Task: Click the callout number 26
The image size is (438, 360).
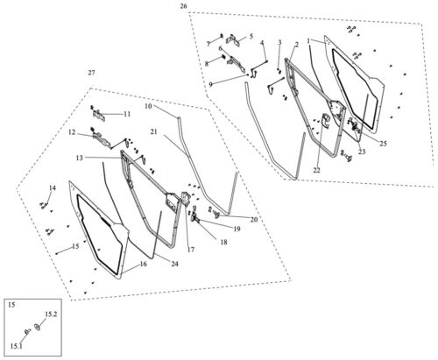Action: point(183,6)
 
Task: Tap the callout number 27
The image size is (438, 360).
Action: point(91,73)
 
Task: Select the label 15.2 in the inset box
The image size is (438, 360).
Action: point(51,314)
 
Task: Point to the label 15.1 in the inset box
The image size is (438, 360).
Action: point(17,346)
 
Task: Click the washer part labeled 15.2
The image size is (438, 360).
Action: point(38,327)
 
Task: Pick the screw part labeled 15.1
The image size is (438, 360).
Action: point(28,331)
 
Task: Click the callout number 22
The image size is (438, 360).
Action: point(316,170)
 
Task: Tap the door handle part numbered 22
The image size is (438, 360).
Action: point(325,120)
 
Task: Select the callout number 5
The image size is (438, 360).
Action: point(251,37)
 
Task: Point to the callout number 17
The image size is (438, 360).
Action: point(191,250)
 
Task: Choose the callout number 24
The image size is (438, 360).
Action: point(174,264)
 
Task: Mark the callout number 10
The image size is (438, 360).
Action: point(148,106)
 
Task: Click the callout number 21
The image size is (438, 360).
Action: point(154,132)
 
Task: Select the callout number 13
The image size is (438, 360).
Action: point(79,158)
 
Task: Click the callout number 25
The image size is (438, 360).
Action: point(383,144)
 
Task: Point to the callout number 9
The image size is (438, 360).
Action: point(211,85)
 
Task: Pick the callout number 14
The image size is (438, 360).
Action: point(52,187)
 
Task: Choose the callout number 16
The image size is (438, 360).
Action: point(143,264)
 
